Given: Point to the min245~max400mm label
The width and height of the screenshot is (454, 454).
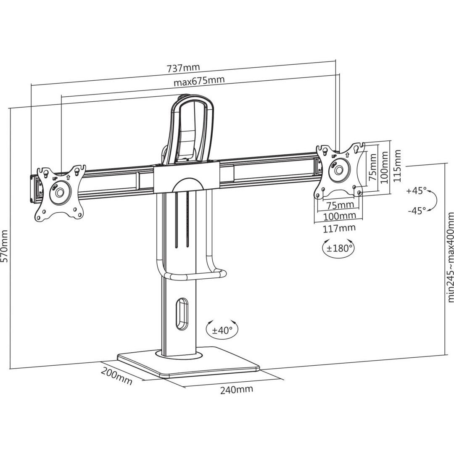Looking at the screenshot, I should click(x=450, y=257).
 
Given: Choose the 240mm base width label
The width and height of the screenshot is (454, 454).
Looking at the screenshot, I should click(x=237, y=389).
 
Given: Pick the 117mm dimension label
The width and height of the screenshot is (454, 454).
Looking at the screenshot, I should click(x=339, y=228).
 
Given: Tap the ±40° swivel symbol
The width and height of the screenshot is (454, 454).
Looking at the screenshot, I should click(x=222, y=330).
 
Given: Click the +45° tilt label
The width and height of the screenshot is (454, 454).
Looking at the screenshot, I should click(x=417, y=191).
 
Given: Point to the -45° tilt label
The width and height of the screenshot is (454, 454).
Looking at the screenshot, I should click(x=417, y=211).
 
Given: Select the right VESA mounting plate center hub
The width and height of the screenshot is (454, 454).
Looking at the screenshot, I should click(x=338, y=170).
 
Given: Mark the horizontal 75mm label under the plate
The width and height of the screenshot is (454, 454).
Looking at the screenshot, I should click(x=340, y=205).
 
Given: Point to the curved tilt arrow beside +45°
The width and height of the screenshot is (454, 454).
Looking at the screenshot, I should click(x=433, y=201).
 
